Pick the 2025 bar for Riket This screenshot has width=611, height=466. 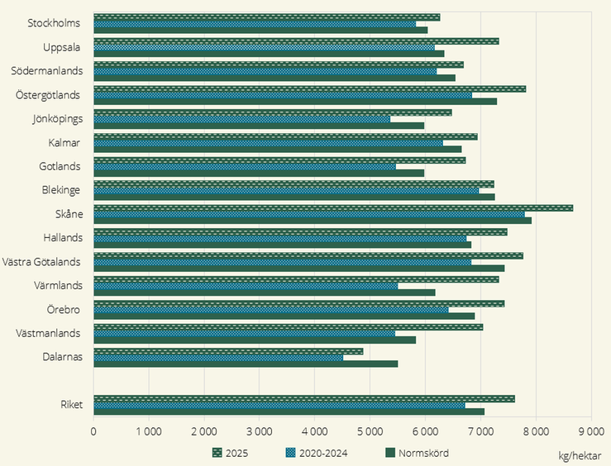tap(303, 398)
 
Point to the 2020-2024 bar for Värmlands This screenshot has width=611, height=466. tap(246, 286)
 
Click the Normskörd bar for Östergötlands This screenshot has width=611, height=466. tap(294, 102)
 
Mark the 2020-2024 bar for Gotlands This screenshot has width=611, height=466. tap(244, 167)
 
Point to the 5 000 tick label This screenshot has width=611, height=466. tap(370, 430)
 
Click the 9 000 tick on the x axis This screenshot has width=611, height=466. tap(590, 430)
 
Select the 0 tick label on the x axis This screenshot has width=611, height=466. tap(93, 430)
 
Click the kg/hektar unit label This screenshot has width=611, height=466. tap(579, 454)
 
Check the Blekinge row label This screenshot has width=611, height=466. tap(60, 190)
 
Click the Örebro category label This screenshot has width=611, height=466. tap(63, 310)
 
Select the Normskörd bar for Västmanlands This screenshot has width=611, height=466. tap(254, 340)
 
